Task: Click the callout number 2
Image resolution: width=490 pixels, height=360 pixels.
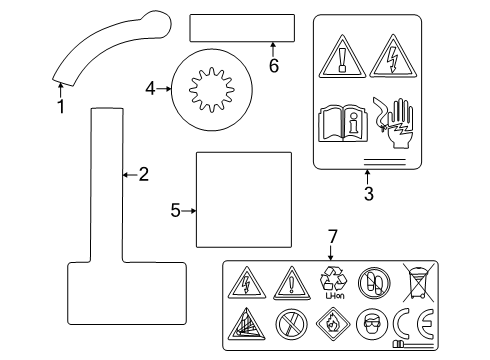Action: pos(143,175)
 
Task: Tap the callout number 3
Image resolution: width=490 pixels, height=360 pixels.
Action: pos(368,194)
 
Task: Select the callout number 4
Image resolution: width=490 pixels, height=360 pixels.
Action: pos(151,88)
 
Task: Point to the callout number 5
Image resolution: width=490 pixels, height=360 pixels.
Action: pos(175,210)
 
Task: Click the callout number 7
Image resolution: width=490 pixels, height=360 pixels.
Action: pos(334,237)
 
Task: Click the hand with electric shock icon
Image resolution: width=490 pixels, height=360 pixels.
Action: pos(392,122)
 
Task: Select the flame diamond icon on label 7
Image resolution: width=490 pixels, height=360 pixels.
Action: pos(332,325)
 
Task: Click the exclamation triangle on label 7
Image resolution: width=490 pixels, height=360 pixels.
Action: pos(290,283)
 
